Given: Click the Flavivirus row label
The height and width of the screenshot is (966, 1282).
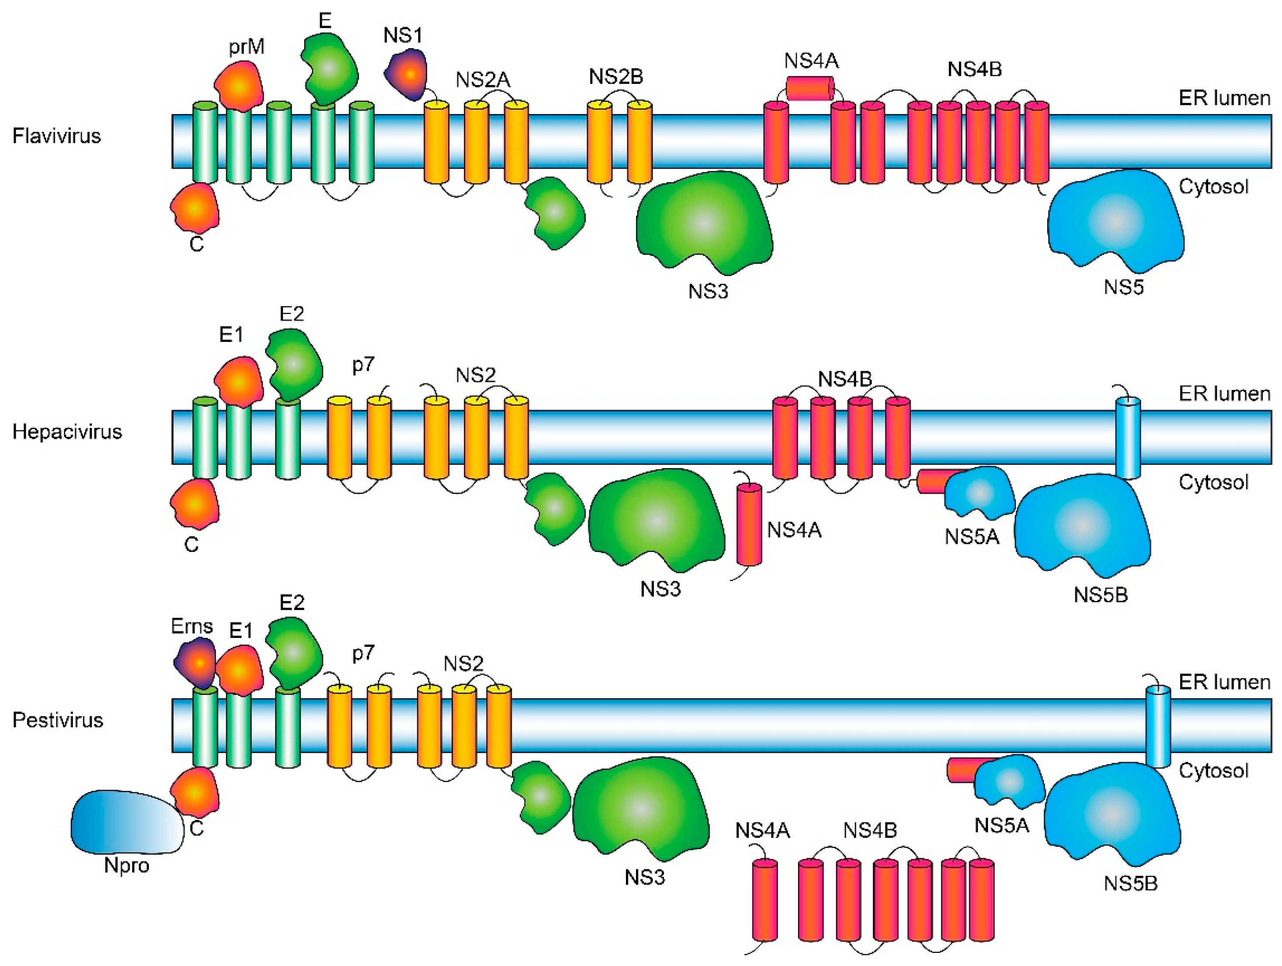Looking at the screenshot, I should [x=57, y=136].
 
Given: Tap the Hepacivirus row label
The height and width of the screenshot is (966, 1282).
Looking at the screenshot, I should [x=67, y=432].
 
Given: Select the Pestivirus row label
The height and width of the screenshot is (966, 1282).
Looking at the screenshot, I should [x=58, y=720].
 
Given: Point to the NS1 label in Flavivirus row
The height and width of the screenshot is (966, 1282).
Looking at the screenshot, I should [x=403, y=36].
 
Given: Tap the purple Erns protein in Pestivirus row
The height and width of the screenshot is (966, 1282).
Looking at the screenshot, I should [x=195, y=663].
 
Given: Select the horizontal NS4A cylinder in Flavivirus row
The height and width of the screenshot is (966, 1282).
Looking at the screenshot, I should [x=810, y=89].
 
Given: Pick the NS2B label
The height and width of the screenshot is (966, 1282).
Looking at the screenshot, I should [x=616, y=76].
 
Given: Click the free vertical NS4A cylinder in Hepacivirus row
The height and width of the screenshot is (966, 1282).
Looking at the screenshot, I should [x=749, y=524].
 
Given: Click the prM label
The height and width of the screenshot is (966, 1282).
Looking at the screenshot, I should [x=246, y=46].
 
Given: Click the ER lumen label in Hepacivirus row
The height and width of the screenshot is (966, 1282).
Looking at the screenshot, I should [x=1224, y=394].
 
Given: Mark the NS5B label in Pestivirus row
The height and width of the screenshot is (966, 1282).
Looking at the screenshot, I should [x=1130, y=884].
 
